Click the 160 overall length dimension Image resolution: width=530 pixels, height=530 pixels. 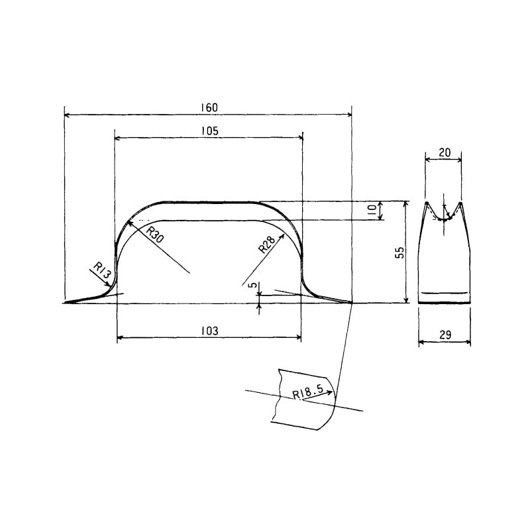tap(209, 108)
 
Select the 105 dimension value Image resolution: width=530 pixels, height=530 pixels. tap(210, 131)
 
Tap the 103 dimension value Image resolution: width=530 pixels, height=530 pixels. tap(210, 331)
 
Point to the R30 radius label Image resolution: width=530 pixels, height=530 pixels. tap(156, 235)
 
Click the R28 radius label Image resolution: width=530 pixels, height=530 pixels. tap(267, 244)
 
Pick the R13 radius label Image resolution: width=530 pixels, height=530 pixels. tap(102, 271)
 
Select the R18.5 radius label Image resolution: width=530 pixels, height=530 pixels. tap(308, 394)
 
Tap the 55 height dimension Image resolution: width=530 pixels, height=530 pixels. tap(399, 252)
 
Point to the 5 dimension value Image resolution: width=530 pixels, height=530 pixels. tap(252, 285)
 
